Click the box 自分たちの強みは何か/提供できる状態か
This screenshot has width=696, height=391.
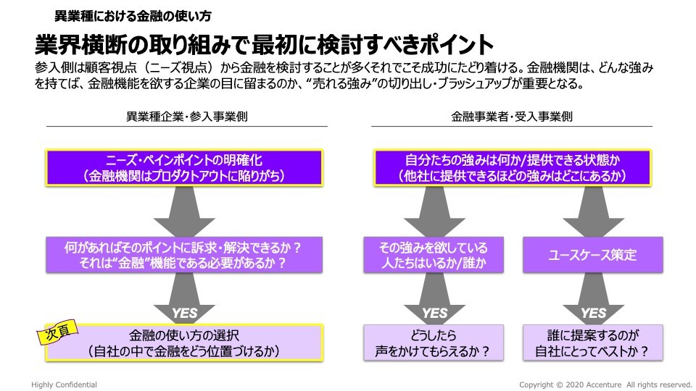click(x=512, y=167)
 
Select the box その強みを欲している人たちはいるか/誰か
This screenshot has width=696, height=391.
click(x=434, y=255)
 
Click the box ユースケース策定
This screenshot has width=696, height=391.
click(x=593, y=255)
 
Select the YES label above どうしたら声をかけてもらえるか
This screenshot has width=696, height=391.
click(x=434, y=313)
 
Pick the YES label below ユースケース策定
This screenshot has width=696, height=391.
click(x=593, y=313)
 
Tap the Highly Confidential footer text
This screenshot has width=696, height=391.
click(x=65, y=384)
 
